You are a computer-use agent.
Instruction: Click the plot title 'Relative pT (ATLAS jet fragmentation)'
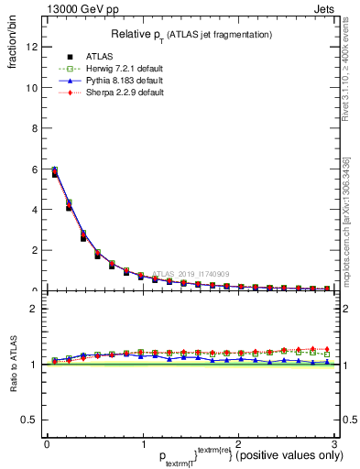tap(190, 34)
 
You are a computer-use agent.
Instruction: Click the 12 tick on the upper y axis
tap(34, 48)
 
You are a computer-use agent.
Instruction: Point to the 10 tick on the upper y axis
tap(34, 88)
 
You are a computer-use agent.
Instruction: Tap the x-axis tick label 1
tap(142, 444)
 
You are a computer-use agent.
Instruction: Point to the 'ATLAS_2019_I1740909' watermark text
tap(192, 274)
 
